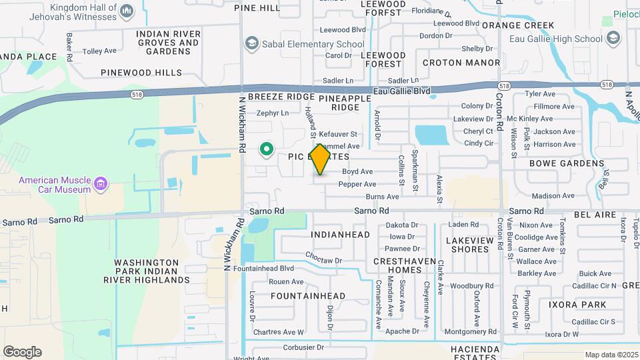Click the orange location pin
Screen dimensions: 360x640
tap(321, 159)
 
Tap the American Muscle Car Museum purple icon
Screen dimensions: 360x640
tap(101, 183)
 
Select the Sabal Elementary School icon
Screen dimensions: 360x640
tap(251, 44)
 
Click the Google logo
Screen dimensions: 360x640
tap(22, 352)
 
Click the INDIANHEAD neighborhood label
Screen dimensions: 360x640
tap(340, 235)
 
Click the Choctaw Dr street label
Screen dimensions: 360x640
tap(323, 260)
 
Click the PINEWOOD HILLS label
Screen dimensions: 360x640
tap(141, 72)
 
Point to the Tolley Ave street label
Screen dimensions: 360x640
tap(99, 51)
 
